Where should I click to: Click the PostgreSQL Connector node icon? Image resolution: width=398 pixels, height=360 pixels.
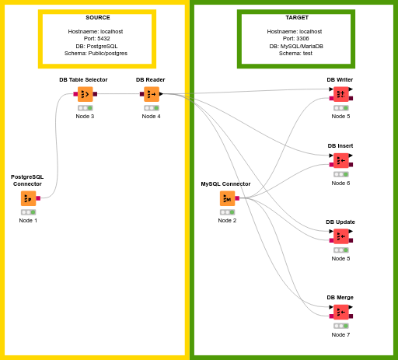coord(29,198)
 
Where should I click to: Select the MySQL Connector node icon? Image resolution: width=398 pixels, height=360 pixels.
coord(228,198)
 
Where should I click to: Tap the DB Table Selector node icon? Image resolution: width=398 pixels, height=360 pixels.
coord(86,94)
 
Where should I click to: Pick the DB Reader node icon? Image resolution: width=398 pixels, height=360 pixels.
coord(152,94)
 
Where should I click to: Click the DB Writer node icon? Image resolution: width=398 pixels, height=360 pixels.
coord(341,94)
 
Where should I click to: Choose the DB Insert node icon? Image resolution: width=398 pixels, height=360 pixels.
coord(341,160)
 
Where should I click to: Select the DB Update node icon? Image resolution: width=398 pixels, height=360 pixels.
coord(341,236)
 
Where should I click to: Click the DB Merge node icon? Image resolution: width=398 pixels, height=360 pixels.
coord(341,312)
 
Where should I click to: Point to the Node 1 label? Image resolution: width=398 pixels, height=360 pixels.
coord(28,220)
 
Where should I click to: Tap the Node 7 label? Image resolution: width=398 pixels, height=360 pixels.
coord(340,334)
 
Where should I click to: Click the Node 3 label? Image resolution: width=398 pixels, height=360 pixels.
coord(85,116)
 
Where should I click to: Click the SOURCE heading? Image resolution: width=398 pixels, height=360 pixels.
coord(98,17)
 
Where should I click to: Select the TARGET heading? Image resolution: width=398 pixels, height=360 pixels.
coord(297,17)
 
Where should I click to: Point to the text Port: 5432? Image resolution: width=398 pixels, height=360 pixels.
coord(96,38)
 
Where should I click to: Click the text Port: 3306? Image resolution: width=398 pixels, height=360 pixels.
coord(295,38)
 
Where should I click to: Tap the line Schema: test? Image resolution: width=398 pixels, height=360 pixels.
coord(295,53)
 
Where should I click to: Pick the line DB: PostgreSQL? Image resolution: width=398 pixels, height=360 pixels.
coord(96,46)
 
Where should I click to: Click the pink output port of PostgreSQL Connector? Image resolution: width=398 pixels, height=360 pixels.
coord(38,198)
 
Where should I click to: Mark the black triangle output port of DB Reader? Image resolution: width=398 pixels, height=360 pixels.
coord(161,94)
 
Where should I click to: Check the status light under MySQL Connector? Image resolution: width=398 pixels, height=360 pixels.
coord(228,212)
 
